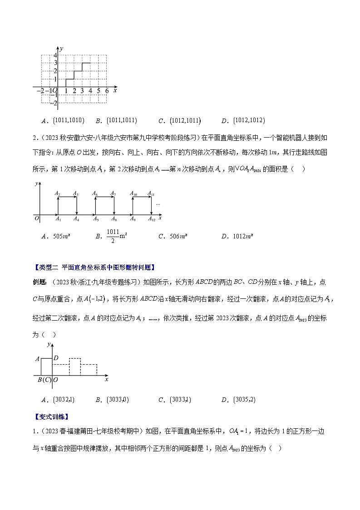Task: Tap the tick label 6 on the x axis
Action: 107,91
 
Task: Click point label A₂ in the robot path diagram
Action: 58,194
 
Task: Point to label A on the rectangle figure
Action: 37,359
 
